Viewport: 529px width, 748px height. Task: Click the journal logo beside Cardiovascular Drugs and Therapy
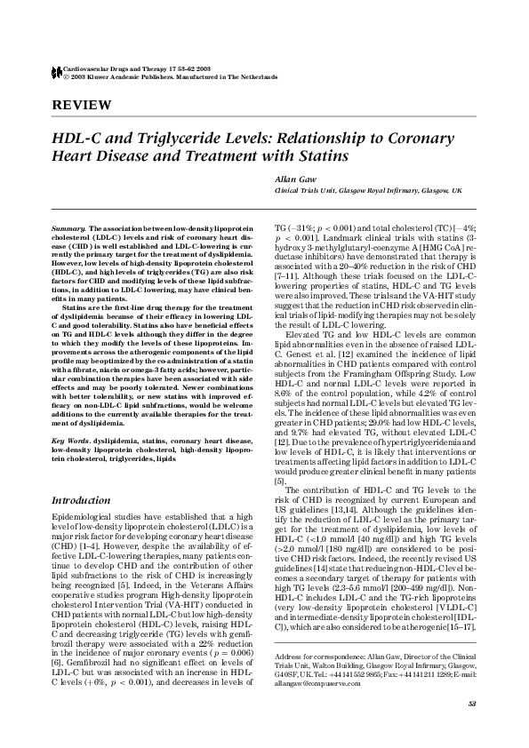[x=58, y=71]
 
